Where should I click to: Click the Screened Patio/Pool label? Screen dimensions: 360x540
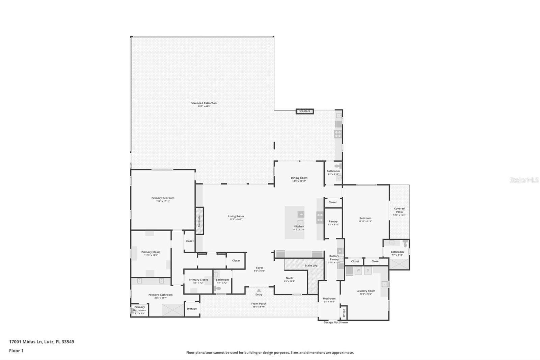pos(202,103)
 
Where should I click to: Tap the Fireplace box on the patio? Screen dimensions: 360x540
pos(304,111)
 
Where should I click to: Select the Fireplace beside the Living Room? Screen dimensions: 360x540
pos(199,221)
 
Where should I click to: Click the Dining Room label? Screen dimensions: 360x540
pos(299,178)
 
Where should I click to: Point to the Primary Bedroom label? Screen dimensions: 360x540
pos(163,198)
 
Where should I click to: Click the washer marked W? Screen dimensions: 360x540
pos(358,271)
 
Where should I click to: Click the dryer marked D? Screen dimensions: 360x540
pos(368,271)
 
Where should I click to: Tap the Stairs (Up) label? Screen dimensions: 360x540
pos(311,265)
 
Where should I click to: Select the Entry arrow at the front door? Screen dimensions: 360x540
pos(259,290)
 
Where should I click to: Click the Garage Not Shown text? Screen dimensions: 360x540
pos(335,322)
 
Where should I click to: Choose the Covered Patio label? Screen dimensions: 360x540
pos(399,210)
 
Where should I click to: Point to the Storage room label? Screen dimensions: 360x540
pos(191,309)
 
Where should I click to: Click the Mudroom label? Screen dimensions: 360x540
pos(329,299)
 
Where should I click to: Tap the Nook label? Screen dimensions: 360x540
pos(289,278)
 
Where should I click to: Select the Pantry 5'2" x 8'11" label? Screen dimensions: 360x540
pos(333,222)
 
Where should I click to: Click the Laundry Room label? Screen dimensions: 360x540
pos(366,291)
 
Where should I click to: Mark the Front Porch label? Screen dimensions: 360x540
pos(259,304)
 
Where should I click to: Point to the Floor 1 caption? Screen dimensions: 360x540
pos(16,351)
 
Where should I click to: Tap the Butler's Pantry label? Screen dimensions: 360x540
pos(334,258)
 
